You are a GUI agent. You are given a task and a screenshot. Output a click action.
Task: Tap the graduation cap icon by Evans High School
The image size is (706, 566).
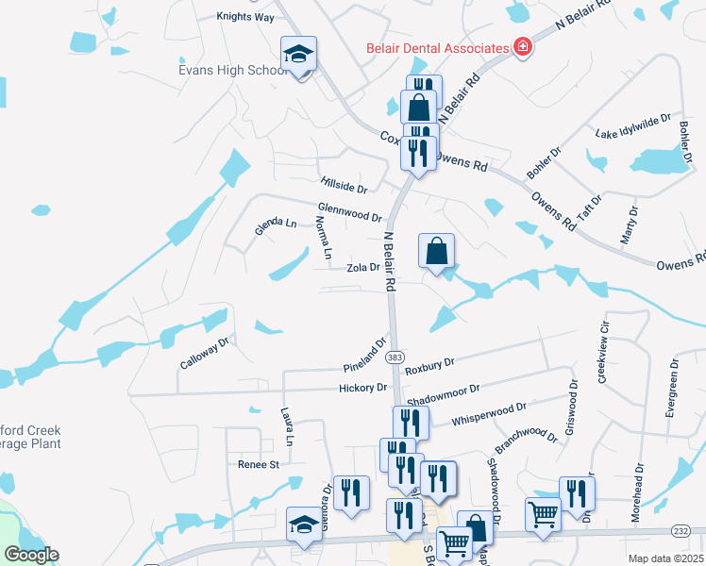(x=299, y=55)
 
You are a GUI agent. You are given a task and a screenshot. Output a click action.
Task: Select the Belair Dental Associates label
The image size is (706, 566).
(x=437, y=47)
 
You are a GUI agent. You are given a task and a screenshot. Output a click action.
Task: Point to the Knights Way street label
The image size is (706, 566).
(x=244, y=17)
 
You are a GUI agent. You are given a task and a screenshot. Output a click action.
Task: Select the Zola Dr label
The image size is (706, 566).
(x=362, y=268)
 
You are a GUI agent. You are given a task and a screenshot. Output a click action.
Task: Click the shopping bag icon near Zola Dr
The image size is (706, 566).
(x=436, y=252)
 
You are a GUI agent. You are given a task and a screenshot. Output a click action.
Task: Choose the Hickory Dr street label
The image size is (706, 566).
(x=363, y=388)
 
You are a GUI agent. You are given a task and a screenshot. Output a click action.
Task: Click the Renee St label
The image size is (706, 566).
(x=259, y=464)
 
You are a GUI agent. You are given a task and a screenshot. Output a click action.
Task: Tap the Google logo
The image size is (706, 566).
(x=31, y=555)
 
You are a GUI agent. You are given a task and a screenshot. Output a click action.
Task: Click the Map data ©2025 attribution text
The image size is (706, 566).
(x=666, y=558)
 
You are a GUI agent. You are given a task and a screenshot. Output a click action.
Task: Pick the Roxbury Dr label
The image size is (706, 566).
(x=429, y=366)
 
